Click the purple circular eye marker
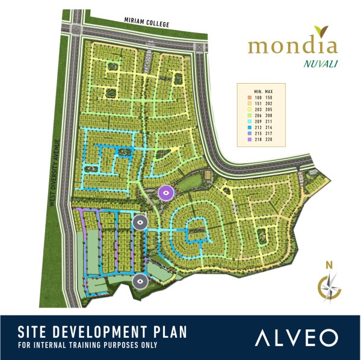pyautogui.click(x=165, y=193)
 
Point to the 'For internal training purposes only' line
pyautogui.click(x=87, y=346)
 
